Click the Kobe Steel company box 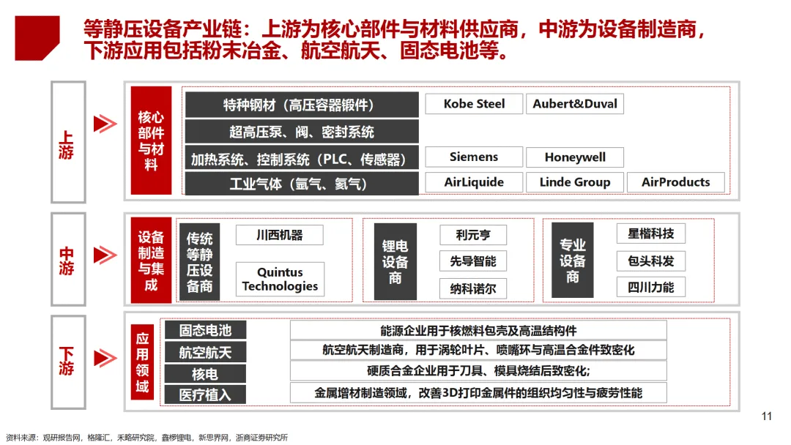point(474,104)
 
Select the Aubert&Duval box point(575,104)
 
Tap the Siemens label point(474,157)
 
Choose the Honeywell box point(575,157)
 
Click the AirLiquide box point(474,182)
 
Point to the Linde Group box point(575,182)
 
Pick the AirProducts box point(675,182)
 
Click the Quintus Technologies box point(280,280)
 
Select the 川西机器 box point(279,235)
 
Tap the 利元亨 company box point(473,235)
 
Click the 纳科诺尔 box point(473,288)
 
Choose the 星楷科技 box point(650,234)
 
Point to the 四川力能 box point(650,287)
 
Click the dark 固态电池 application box point(205,331)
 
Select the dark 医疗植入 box point(205,394)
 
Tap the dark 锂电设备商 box point(395,262)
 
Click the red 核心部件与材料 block point(151,141)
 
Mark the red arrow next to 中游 point(105,255)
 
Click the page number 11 point(767,416)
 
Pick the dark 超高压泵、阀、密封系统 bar point(302,132)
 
